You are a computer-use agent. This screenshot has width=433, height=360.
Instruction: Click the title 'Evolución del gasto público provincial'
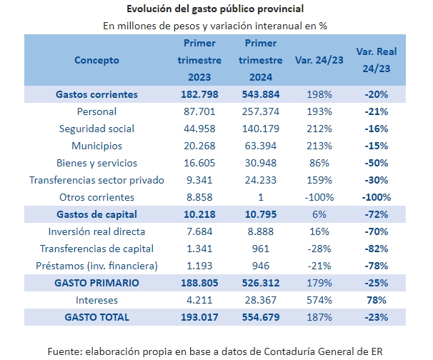214,9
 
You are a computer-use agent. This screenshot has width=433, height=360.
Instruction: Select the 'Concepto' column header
96,60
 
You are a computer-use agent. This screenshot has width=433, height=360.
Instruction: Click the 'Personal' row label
96,111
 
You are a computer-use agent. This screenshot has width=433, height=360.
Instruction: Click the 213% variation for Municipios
319,146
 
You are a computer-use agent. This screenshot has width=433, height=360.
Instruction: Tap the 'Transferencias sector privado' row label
96,180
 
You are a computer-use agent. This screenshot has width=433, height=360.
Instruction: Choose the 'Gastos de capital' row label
96,214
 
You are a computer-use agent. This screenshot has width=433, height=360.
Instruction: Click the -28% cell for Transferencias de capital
319,249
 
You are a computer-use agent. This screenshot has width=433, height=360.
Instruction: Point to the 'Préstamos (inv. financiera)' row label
96,266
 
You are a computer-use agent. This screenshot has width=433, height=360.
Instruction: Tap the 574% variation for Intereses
319,300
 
